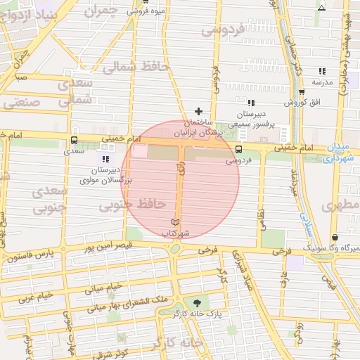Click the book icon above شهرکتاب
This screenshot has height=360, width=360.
[175, 222]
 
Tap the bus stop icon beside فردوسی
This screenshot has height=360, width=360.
[238, 149]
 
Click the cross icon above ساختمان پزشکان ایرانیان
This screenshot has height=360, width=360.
[198, 111]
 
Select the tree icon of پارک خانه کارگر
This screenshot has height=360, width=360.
[205, 303]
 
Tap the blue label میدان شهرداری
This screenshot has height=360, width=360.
[342, 153]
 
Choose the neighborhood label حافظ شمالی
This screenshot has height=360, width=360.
[136, 67]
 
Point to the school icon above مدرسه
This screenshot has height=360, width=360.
[322, 71]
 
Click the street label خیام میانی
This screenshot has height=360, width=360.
[104, 288]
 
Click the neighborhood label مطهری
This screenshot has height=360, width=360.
[340, 206]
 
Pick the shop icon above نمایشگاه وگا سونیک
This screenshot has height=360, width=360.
[335, 237]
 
